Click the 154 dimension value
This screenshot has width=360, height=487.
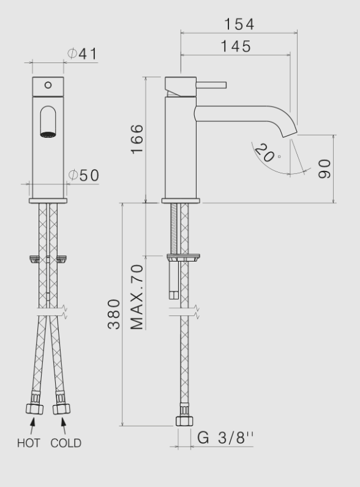[x=239, y=24]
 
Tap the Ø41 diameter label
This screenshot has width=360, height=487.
[x=83, y=54]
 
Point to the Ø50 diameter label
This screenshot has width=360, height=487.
[x=83, y=175]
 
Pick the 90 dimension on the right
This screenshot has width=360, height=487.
[x=324, y=168]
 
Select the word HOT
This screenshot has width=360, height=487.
[x=29, y=443]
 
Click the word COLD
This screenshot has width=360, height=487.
[x=66, y=443]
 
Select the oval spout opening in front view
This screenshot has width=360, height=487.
[x=48, y=122]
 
